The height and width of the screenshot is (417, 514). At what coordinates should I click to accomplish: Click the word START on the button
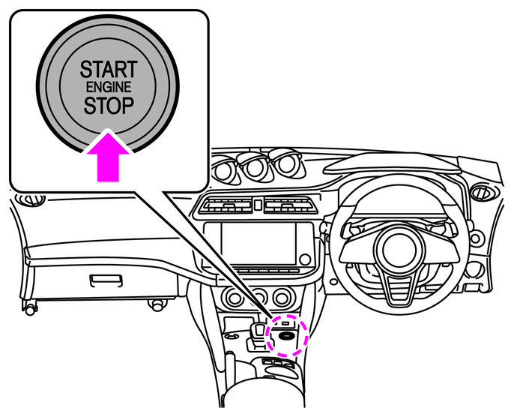click(x=109, y=70)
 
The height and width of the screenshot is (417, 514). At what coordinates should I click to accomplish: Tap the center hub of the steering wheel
click(x=402, y=248)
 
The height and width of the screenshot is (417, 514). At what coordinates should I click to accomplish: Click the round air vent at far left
click(x=31, y=199)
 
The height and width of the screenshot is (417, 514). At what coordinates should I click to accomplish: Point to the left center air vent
click(x=226, y=205)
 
